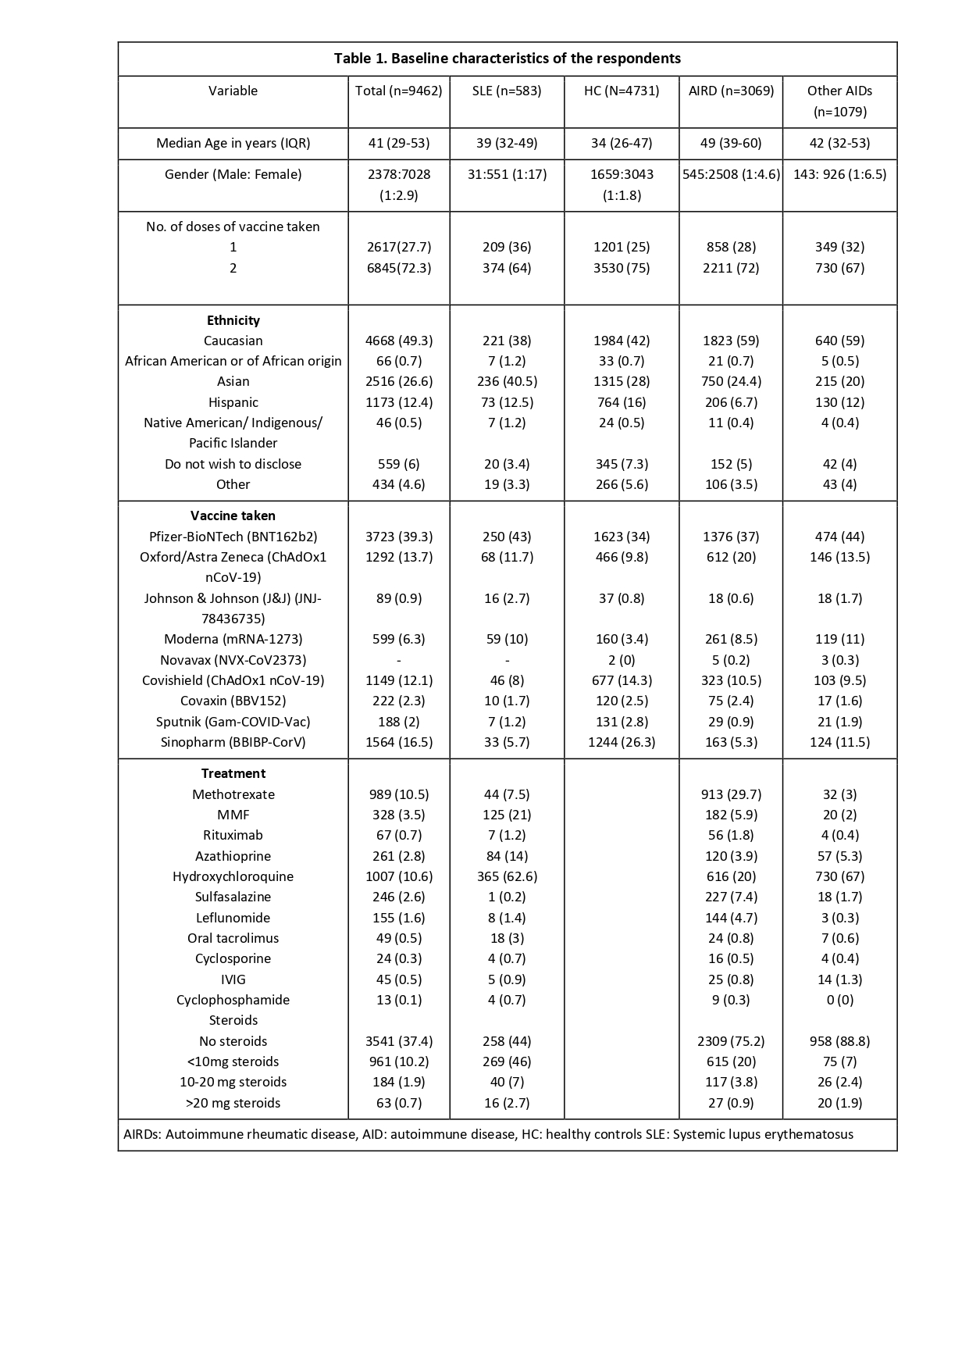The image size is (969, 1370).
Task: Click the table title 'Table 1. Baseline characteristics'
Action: click(x=507, y=59)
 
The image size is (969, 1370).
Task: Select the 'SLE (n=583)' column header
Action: click(x=507, y=91)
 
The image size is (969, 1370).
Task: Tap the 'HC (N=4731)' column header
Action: click(x=622, y=91)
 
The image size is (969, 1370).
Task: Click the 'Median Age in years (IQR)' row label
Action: click(x=233, y=143)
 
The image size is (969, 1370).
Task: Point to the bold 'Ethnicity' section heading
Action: click(x=233, y=320)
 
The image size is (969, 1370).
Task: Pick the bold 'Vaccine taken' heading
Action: click(x=233, y=516)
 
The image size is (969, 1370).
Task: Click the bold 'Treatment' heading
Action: click(x=233, y=773)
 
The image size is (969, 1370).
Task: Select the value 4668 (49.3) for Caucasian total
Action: click(x=399, y=341)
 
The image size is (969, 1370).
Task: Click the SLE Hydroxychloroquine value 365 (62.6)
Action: click(x=507, y=876)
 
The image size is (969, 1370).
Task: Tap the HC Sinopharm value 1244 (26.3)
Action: click(x=622, y=742)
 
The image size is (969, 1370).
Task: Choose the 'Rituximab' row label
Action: click(x=233, y=835)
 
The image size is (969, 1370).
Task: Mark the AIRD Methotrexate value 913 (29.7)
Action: click(x=731, y=794)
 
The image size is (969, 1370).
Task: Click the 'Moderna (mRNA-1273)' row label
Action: click(x=233, y=639)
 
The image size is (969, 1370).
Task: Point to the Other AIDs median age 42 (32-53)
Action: click(x=839, y=143)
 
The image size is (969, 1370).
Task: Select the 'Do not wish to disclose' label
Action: click(x=233, y=464)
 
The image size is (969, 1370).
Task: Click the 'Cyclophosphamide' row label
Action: click(x=233, y=1000)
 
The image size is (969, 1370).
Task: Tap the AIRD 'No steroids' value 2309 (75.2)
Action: click(x=731, y=1041)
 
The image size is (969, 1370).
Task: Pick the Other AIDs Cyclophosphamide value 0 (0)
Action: click(x=839, y=1000)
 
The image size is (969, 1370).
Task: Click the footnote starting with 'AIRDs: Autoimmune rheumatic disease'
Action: click(x=488, y=1134)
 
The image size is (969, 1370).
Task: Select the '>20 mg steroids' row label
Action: click(x=233, y=1103)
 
